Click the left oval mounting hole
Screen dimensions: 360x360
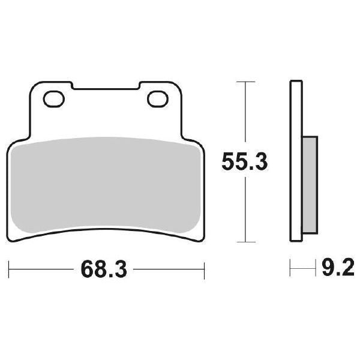click(x=54, y=97)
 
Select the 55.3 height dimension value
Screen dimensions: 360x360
click(x=244, y=162)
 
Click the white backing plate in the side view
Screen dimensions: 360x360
click(x=295, y=162)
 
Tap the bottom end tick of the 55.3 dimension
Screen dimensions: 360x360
click(x=243, y=242)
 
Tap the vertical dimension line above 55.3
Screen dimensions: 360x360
click(x=243, y=114)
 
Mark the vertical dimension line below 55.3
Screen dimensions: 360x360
click(x=243, y=210)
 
